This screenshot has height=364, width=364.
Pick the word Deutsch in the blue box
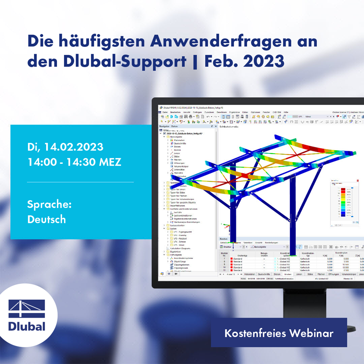click(47, 219)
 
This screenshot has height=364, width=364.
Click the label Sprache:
click(49, 204)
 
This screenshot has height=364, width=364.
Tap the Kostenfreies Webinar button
click(279, 333)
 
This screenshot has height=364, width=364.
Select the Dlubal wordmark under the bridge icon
click(27, 327)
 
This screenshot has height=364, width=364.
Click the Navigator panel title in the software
click(164, 126)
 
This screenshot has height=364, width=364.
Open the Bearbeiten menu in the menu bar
click(175, 112)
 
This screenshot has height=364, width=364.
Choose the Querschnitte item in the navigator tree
click(180, 143)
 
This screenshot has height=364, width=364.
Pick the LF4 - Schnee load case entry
click(180, 242)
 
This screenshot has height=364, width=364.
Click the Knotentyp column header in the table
click(242, 256)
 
